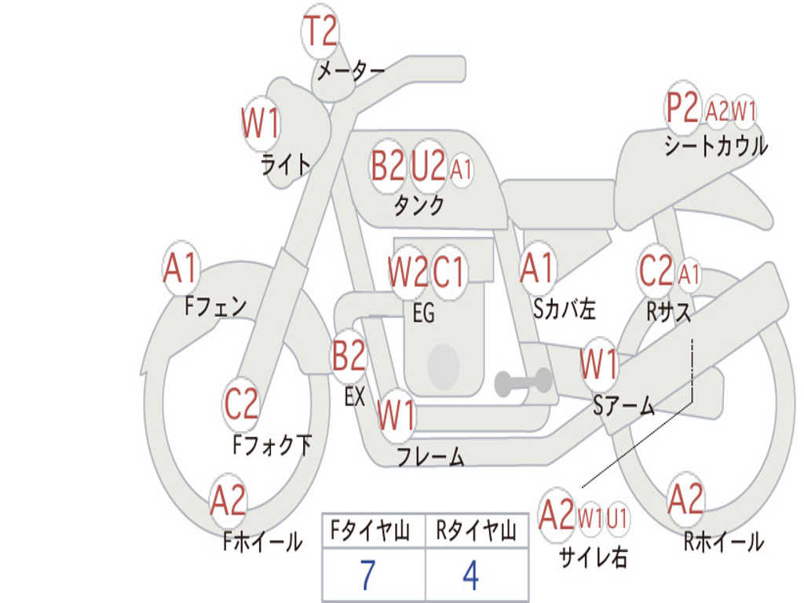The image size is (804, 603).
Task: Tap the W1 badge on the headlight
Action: click(261, 124)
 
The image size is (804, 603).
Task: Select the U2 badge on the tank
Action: click(428, 166)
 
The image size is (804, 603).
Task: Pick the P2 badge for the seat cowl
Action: click(682, 108)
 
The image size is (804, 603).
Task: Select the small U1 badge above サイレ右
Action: click(617, 517)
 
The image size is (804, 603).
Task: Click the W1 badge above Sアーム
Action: click(598, 364)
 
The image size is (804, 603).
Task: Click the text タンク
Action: click(418, 206)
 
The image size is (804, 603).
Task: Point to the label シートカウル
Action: click(715, 146)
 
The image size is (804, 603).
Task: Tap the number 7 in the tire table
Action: click(367, 576)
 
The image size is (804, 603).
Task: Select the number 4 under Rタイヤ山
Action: click(471, 576)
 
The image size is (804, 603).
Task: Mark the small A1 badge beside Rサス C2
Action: click(689, 275)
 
